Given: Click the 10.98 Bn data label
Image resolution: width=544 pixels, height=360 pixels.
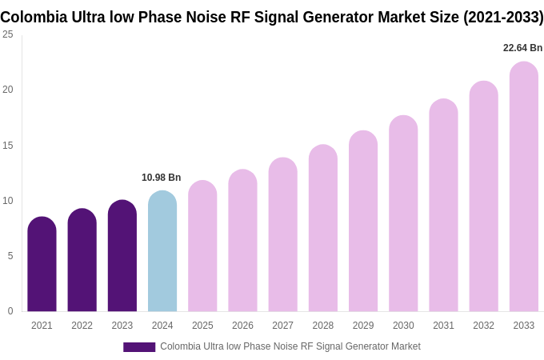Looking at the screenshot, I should point(162,178).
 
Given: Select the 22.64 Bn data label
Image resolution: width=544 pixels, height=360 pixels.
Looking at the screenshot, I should point(522,48).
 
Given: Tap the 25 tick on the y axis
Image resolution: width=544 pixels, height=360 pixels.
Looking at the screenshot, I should point(8,34).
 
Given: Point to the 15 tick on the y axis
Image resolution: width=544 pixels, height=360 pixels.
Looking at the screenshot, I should point(8,146).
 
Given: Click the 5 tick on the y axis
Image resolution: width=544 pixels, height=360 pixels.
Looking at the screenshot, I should point(10,256).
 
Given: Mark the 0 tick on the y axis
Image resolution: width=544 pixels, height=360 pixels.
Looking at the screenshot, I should point(10,311).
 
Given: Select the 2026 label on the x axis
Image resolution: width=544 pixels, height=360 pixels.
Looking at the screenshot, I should point(242,326).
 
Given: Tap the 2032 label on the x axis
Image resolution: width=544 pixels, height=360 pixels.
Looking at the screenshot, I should point(483,326).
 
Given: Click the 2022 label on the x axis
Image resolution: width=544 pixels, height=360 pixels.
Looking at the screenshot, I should point(82,326).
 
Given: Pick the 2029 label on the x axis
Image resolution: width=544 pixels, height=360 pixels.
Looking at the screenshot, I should point(363,326).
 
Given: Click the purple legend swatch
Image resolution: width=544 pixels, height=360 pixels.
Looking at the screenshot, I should point(139,347).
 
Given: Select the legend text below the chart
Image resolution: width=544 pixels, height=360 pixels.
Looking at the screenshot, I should point(290,346).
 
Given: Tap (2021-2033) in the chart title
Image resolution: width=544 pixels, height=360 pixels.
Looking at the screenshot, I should point(502,17).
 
